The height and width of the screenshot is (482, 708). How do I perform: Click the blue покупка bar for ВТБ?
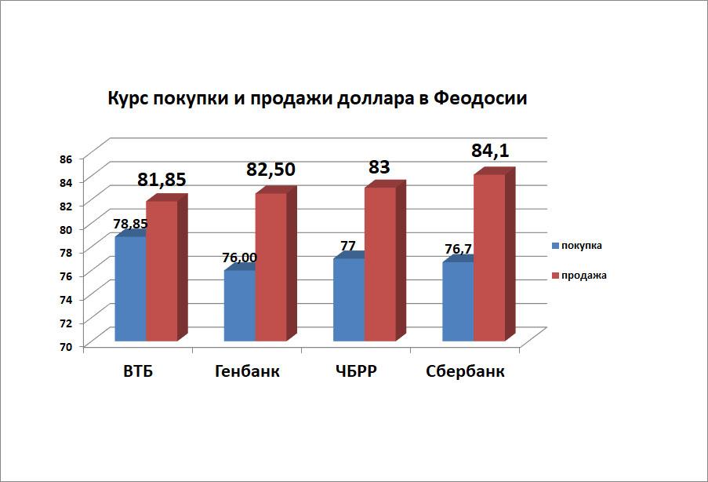coord(130,289)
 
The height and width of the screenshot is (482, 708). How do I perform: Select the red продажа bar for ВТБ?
coord(162,271)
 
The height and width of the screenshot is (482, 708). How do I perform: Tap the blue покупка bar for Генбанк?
coord(239,306)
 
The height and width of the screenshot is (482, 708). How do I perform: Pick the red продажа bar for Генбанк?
coord(270,267)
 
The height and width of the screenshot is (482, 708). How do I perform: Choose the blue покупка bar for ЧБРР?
coord(348,300)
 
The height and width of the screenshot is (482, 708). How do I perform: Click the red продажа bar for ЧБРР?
coord(379,265)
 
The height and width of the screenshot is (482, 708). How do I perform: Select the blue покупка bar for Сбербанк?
coord(457,301)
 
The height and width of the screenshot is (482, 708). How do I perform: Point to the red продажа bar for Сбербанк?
coord(488,257)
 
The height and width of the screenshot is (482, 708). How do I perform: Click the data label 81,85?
coord(162,180)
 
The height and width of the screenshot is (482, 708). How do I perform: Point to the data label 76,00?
coord(238,257)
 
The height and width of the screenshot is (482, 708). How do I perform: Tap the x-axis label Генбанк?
coord(247,372)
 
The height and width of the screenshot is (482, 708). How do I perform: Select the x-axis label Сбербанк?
coord(466,372)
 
